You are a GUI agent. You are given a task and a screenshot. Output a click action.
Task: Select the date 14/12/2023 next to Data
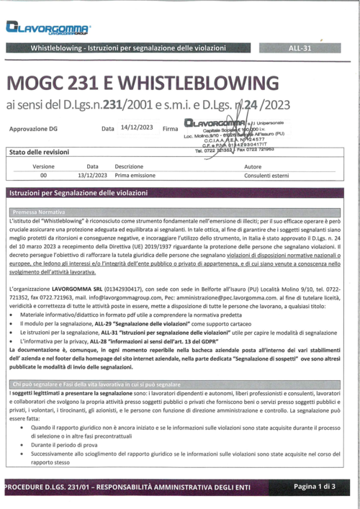click(x=137, y=127)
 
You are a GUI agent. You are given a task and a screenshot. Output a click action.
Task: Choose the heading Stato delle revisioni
click(x=40, y=153)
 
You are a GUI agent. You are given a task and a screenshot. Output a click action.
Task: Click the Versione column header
click(x=43, y=166)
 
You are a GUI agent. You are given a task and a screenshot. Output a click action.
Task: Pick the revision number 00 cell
click(x=43, y=175)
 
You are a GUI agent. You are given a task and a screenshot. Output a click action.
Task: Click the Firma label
click(x=171, y=129)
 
